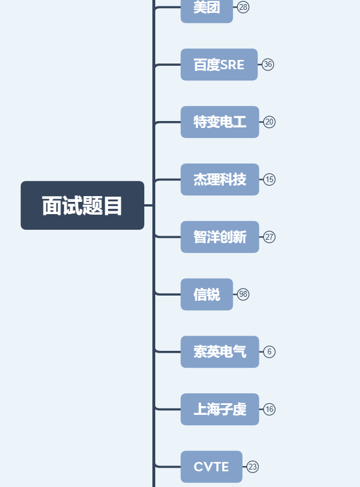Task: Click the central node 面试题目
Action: tap(82, 205)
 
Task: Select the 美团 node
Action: tap(206, 9)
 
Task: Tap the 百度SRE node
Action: tap(219, 65)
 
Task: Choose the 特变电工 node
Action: tap(219, 122)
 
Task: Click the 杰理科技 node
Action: tap(219, 180)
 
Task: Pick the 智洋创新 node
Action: tap(219, 237)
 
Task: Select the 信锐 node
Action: tap(206, 294)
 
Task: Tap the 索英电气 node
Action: tap(219, 352)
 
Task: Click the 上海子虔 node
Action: tap(219, 410)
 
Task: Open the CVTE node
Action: tap(211, 467)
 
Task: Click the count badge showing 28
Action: tap(243, 7)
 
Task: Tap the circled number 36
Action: tap(268, 65)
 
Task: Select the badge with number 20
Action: tap(269, 122)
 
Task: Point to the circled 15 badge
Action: tap(269, 180)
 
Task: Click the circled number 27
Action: tap(269, 237)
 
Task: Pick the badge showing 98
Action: tap(243, 294)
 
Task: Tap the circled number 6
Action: tap(269, 352)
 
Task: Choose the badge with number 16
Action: tap(269, 410)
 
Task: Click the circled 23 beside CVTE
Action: tap(252, 467)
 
